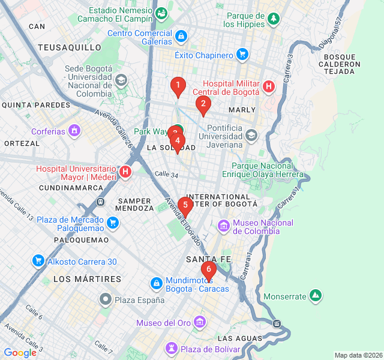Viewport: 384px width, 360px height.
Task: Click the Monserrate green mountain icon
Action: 315,296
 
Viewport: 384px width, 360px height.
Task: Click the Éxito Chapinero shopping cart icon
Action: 242,55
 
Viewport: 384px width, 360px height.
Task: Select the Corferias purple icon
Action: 74,130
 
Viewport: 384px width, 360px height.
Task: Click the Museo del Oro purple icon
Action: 200,323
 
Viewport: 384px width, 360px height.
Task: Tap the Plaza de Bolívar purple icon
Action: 172,349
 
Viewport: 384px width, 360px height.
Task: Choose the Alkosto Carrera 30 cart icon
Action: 38,261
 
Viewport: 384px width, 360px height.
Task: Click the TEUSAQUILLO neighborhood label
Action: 70,47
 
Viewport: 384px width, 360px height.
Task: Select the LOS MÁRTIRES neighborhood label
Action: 87,279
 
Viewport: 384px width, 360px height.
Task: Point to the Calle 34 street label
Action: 166,175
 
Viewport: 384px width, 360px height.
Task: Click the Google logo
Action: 20,352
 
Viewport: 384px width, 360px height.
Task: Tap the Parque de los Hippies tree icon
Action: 274,19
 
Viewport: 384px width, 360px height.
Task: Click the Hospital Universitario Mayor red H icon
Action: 125,173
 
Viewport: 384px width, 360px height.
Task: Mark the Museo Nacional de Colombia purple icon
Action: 224,226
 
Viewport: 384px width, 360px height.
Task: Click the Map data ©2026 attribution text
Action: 358,355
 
